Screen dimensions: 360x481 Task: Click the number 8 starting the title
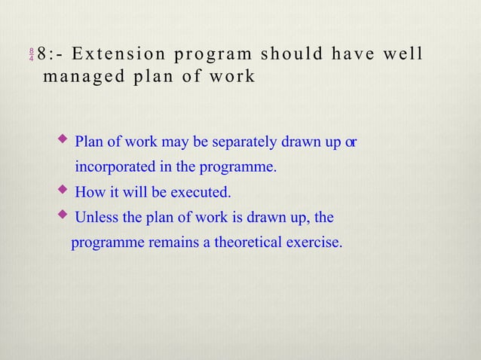42,54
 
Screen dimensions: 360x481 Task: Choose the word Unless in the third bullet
97,218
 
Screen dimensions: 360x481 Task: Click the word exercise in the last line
315,243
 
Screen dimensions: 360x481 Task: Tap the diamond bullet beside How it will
63,190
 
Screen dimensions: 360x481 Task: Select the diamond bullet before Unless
63,215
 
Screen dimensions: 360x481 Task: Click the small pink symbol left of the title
31,55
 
